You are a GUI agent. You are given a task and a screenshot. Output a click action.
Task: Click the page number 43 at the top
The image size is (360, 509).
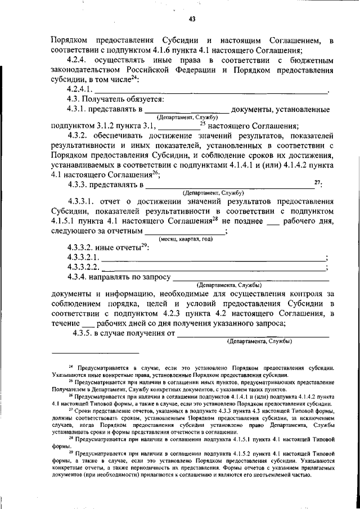pos(192,19)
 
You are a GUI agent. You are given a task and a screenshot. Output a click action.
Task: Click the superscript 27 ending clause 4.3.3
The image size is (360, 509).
pos(318,181)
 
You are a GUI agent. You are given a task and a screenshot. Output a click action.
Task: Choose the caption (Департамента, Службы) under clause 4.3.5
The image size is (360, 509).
pos(258,341)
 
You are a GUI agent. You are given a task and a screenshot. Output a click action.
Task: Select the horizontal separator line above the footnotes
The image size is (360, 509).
pos(95,353)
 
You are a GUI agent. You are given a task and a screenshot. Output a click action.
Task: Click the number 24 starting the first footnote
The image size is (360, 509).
pos(71,366)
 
